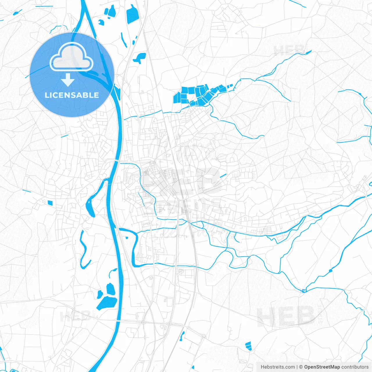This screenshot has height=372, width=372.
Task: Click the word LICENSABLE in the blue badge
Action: pos(72,95)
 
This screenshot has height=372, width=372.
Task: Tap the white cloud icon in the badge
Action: pos(71,58)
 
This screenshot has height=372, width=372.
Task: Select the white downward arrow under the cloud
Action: pos(68,80)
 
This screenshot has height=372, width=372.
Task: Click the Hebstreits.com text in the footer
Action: pos(278,367)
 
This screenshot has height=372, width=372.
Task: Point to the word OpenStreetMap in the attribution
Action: pos(322,367)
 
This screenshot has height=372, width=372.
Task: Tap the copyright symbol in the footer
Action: pos(301,367)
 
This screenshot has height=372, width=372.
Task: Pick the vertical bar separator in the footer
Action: pos(297,367)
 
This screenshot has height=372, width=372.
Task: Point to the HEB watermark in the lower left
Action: pos(75,316)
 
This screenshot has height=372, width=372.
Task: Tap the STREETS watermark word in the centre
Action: pos(183,206)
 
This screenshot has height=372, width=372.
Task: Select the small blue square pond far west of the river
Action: pos(50,203)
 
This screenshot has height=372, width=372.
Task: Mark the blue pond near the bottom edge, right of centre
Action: pos(248,346)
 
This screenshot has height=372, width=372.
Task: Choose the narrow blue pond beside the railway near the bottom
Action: pos(182,336)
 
